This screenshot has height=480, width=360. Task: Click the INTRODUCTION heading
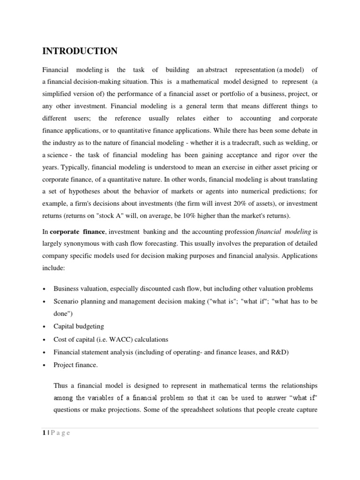tap(80, 51)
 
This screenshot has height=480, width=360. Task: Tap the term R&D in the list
tap(278, 352)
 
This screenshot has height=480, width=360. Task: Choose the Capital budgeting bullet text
tap(79, 327)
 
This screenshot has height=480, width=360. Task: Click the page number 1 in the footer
tap(44, 433)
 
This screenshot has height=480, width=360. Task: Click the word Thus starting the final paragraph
tap(61, 385)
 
